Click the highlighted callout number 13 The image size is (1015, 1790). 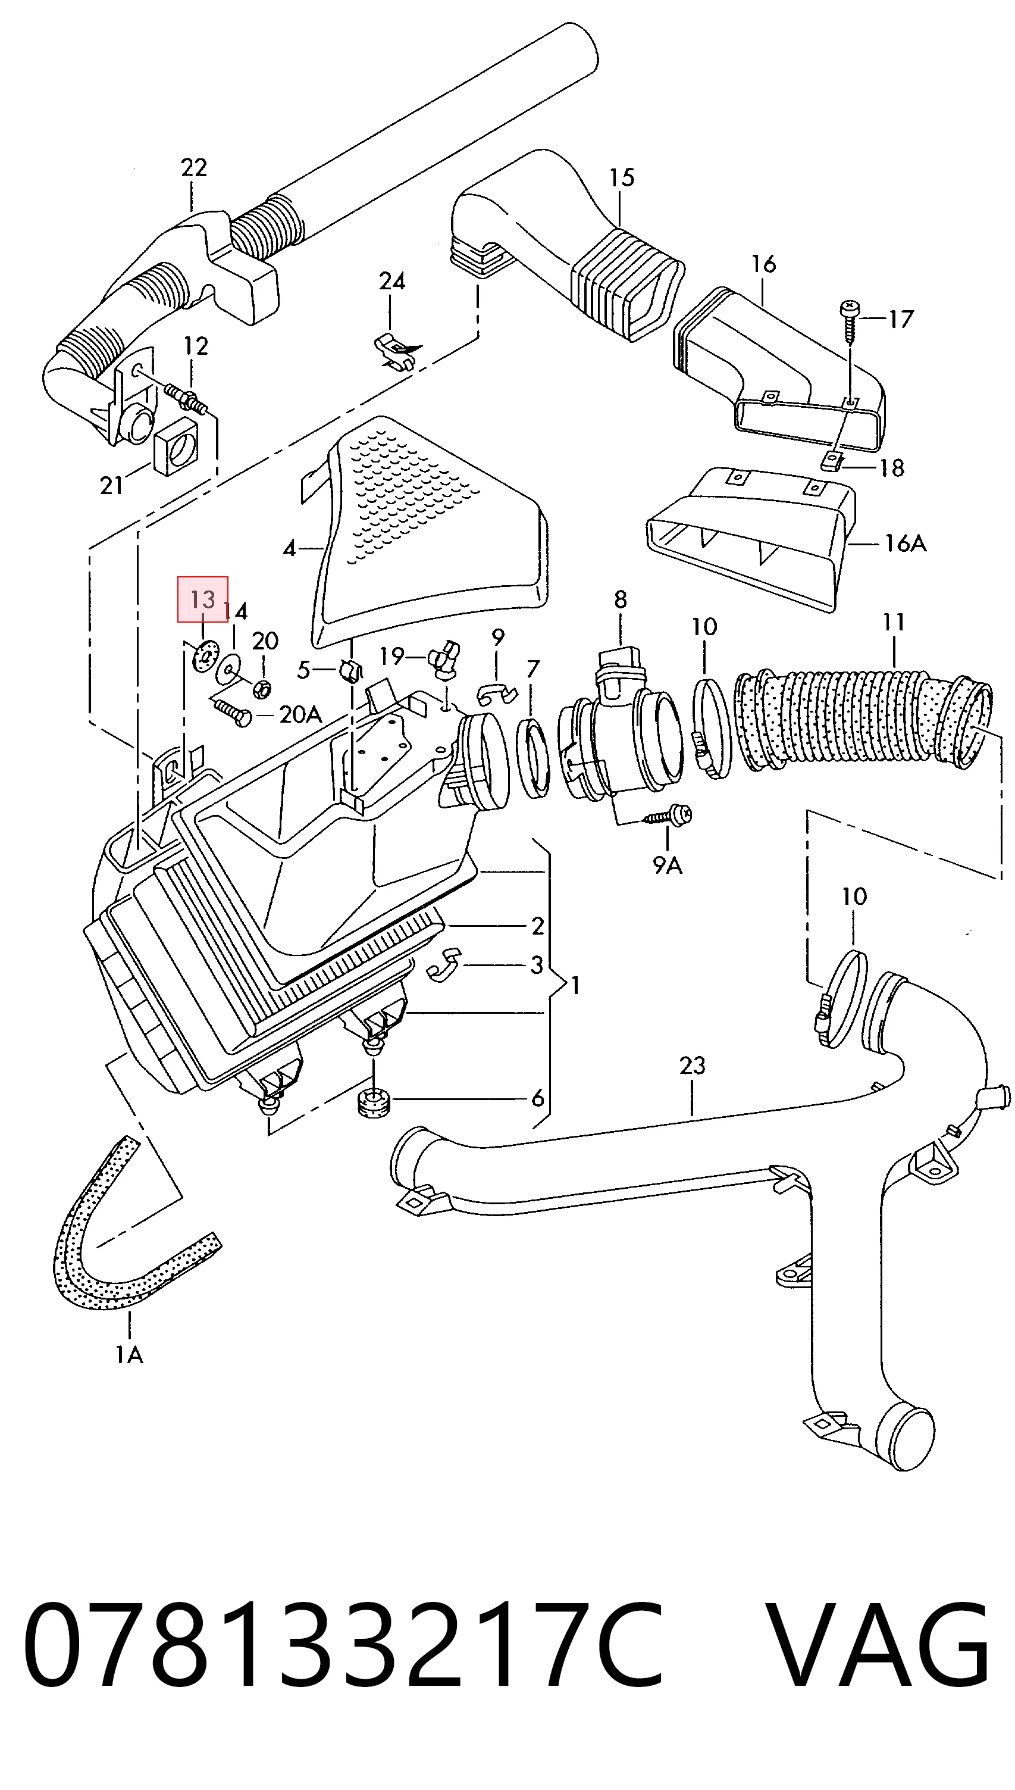click(x=203, y=599)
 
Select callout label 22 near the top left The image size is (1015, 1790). click(x=194, y=167)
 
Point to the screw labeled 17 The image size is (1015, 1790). click(x=850, y=320)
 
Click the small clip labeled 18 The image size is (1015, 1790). click(x=832, y=460)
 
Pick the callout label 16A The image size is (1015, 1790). click(x=905, y=542)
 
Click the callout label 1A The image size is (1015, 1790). click(x=129, y=1355)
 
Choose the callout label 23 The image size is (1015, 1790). click(x=693, y=1065)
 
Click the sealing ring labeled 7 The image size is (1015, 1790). click(x=534, y=760)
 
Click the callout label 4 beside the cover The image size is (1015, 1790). click(x=289, y=549)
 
